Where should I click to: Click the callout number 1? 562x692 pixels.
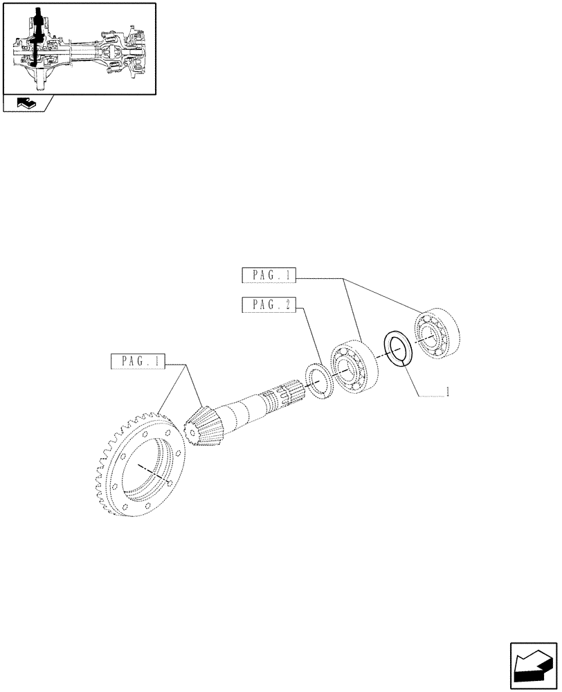pyautogui.click(x=448, y=392)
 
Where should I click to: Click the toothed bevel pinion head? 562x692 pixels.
pyautogui.click(x=203, y=425)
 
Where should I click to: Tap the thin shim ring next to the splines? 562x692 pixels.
pyautogui.click(x=320, y=381)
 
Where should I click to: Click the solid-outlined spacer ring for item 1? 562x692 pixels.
pyautogui.click(x=398, y=348)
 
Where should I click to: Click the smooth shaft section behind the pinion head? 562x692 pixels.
pyautogui.click(x=242, y=412)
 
